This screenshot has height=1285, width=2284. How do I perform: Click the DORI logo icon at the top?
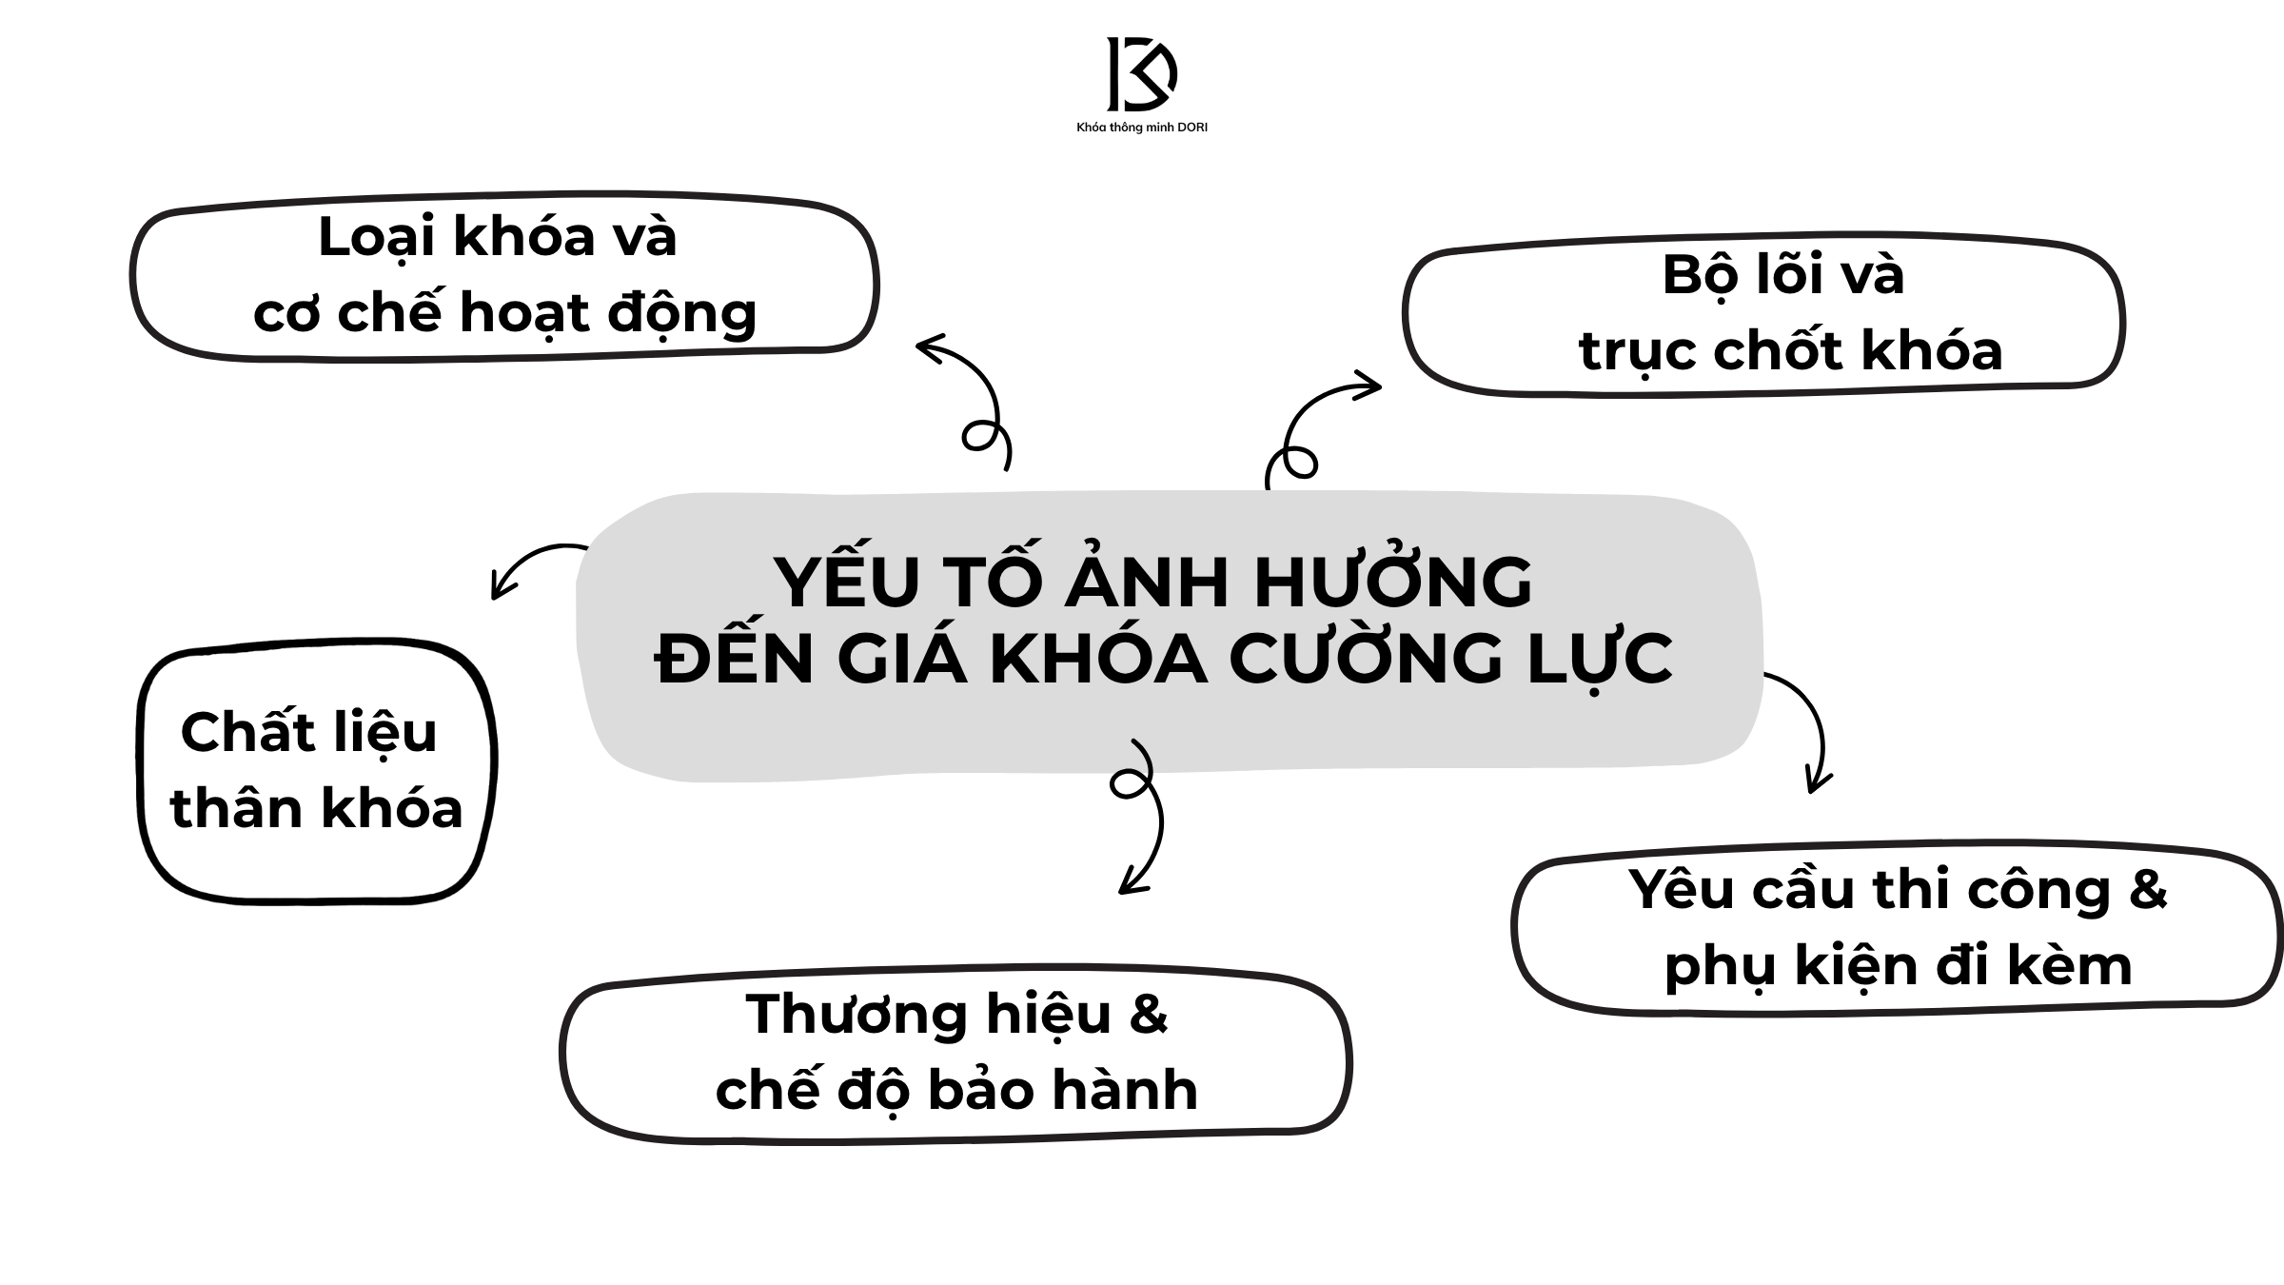click(1141, 74)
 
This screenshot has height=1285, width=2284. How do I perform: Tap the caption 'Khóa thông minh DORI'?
click(1141, 128)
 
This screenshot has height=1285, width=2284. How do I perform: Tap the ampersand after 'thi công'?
click(2147, 890)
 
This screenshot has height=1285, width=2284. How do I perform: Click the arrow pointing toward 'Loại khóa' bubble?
click(971, 400)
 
